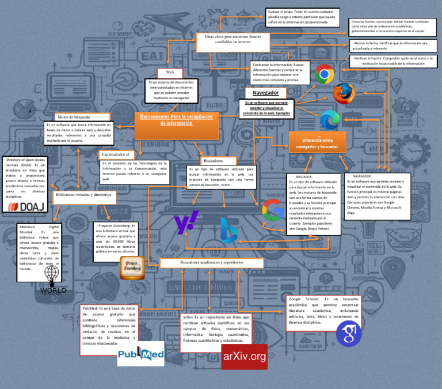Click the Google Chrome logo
[x=325, y=74]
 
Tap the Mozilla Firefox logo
[x=345, y=93]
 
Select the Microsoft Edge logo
[x=330, y=120]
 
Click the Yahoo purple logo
[x=186, y=222]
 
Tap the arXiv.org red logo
[x=244, y=356]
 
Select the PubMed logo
[x=141, y=355]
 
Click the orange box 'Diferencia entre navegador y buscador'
[x=317, y=143]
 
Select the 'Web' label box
[x=170, y=73]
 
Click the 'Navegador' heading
[x=266, y=93]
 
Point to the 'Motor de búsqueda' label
[x=74, y=117]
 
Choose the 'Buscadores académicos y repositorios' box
[x=212, y=262]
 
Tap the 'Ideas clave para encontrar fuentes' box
[x=228, y=39]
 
